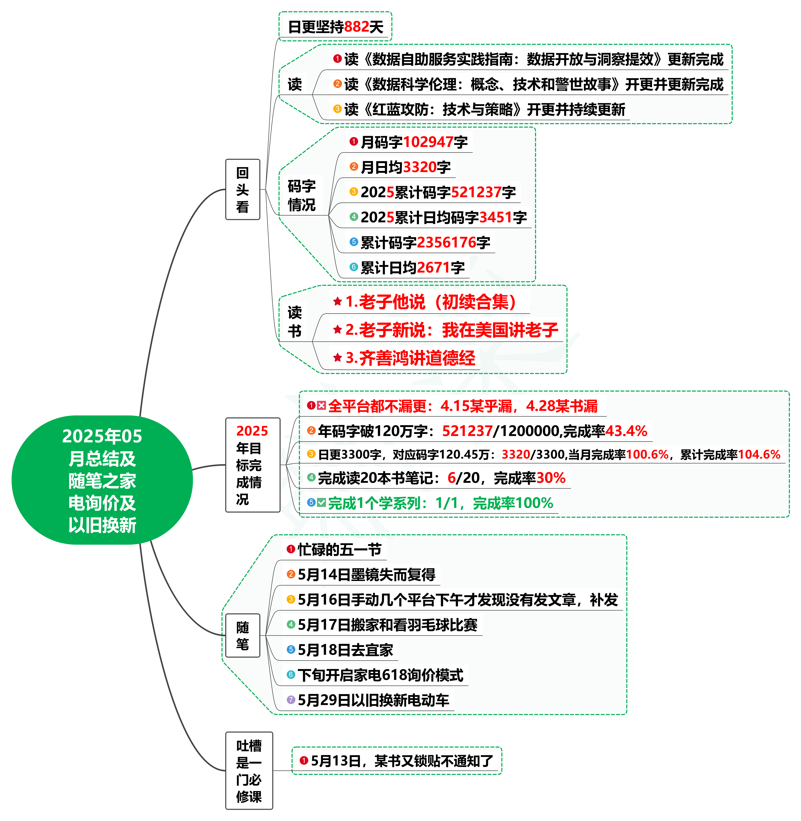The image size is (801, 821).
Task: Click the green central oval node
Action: pos(102,480)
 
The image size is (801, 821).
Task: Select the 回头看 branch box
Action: pos(243,189)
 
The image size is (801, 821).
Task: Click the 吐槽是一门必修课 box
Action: pos(249,771)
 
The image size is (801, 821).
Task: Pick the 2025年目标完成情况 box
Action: pos(252,465)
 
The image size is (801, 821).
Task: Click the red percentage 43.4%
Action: pos(626,431)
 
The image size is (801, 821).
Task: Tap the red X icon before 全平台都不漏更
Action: pos(321,405)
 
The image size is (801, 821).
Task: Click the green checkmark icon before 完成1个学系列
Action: pos(321,503)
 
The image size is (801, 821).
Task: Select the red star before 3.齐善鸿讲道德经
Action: pos(337,358)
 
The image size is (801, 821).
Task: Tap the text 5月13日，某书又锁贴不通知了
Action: pos(402,761)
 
